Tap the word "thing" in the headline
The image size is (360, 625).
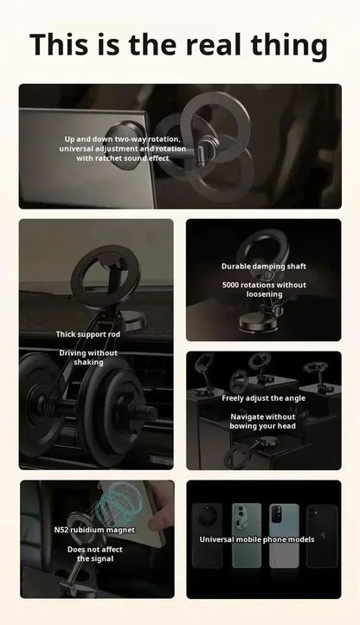(291, 44)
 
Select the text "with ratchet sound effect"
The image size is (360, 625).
(122, 158)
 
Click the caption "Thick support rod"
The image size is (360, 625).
(88, 334)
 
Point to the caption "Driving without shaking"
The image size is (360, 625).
(88, 358)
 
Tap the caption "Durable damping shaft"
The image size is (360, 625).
(263, 267)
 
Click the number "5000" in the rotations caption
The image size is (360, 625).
(236, 285)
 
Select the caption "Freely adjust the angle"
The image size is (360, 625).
(263, 398)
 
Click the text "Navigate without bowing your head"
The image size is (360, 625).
(263, 421)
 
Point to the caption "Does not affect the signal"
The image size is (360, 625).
(95, 554)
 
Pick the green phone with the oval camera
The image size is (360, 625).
(246, 534)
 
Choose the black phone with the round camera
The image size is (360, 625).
(209, 534)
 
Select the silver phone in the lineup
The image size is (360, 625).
(283, 534)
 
